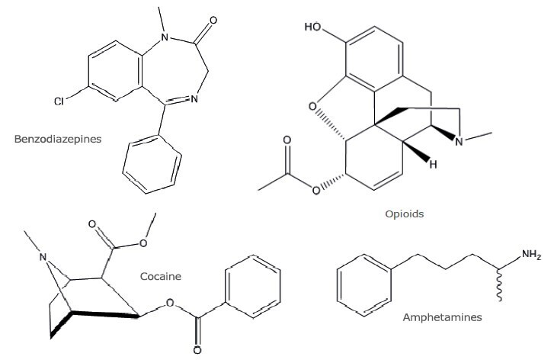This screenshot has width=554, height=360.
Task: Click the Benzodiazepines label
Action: coord(58,139)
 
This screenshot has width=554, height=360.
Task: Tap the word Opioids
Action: coord(404,214)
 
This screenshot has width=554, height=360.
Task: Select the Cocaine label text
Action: coord(160,276)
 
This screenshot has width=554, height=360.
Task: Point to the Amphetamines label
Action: coord(442,317)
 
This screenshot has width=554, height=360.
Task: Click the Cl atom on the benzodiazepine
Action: coord(59,101)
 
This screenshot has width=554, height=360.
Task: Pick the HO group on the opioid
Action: coord(312,27)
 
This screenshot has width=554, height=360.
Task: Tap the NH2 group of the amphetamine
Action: coord(531,255)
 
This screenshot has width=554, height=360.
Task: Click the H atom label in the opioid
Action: coord(433,164)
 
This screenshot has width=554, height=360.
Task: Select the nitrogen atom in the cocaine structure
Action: coord(43,257)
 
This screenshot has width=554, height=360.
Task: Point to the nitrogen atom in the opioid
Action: coord(459,141)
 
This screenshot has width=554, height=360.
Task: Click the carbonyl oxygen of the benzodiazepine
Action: coord(213,20)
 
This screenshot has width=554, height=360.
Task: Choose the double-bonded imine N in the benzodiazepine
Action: coord(194,99)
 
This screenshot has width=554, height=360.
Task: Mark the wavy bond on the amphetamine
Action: coord(499,285)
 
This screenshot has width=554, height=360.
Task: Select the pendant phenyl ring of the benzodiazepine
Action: coord(152,165)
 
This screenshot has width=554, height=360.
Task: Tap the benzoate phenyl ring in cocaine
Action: coord(253,287)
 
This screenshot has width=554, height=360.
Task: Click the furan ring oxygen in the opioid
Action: coord(312,107)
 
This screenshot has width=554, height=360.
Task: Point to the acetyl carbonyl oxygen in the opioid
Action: coord(287,141)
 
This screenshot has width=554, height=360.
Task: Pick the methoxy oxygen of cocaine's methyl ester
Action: coord(143,243)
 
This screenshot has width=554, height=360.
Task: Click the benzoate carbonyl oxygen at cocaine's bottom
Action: coord(197,350)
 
